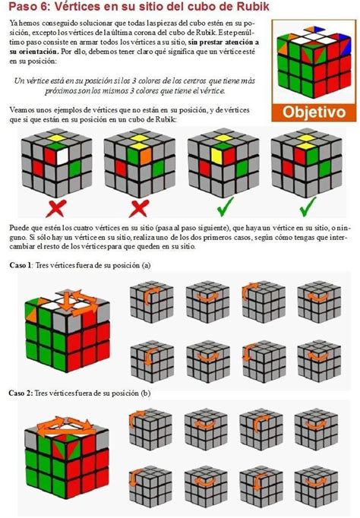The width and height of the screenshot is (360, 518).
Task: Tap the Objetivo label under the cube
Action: pyautogui.click(x=314, y=112)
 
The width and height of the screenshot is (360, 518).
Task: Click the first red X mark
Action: pyautogui.click(x=55, y=208)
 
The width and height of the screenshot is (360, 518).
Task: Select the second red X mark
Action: pyautogui.click(x=139, y=208)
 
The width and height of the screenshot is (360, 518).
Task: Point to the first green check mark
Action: pyautogui.click(x=226, y=207)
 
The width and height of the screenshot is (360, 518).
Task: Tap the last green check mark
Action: pyautogui.click(x=308, y=207)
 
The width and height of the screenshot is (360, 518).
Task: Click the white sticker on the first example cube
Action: pyautogui.click(x=62, y=156)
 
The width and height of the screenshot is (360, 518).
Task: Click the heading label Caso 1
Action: pyautogui.click(x=21, y=265)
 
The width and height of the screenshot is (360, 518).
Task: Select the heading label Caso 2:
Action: pyautogui.click(x=21, y=393)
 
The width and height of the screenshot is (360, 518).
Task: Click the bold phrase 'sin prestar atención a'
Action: pyautogui.click(x=223, y=43)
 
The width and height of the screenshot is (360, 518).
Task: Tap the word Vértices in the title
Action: pyautogui.click(x=74, y=7)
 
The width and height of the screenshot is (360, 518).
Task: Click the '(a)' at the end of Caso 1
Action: pyautogui.click(x=146, y=265)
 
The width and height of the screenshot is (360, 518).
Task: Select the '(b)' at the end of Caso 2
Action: pyautogui.click(x=146, y=393)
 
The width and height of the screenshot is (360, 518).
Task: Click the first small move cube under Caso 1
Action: pyautogui.click(x=151, y=302)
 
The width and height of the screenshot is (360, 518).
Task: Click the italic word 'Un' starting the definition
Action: pyautogui.click(x=17, y=81)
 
